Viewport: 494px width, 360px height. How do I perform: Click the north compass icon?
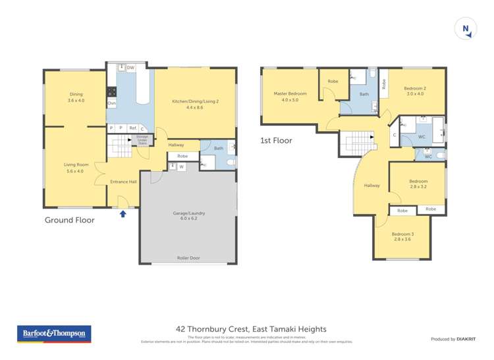click(466, 28)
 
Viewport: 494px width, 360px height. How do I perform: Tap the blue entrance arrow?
click(123, 213)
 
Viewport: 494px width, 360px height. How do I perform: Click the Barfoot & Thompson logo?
click(54, 334)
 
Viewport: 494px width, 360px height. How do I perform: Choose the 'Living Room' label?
click(74, 168)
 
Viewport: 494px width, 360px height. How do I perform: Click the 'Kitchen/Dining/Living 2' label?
click(194, 104)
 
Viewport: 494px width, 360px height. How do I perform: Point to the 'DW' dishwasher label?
click(130, 68)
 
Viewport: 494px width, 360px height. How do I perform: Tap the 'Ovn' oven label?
click(111, 103)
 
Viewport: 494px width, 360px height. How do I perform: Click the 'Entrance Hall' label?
click(123, 182)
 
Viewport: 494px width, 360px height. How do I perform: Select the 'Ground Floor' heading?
click(69, 220)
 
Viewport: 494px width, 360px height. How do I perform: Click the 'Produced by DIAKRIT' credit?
click(453, 339)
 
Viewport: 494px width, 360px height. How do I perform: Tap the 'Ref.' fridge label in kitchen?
click(132, 128)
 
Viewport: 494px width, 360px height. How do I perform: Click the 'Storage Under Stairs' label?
click(142, 140)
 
